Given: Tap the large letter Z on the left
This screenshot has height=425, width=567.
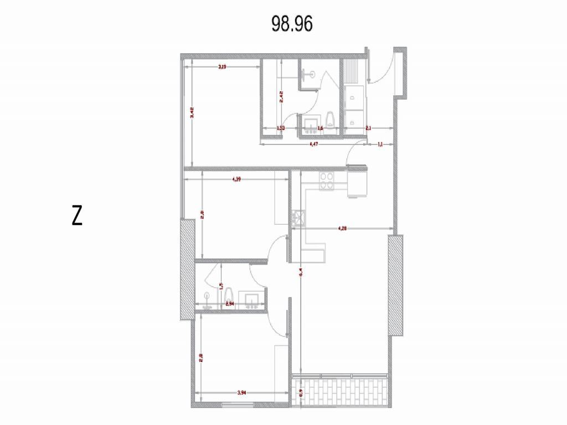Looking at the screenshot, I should pos(77,216).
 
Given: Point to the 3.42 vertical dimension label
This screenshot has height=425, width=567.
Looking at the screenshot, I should pos(192,113).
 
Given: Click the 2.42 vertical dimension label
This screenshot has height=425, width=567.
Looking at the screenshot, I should pos(281,97).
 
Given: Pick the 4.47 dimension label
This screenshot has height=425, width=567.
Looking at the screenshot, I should pos(313,144).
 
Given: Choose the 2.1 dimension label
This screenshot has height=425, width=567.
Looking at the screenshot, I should pos(368,128).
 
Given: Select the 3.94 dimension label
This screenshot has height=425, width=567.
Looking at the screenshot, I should pos(241,393).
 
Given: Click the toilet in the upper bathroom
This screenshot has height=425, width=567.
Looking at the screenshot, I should pos(331,119).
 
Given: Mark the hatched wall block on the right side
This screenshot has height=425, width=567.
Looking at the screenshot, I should pos(396,285).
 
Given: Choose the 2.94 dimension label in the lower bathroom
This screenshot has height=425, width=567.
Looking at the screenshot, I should pos(229,304).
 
